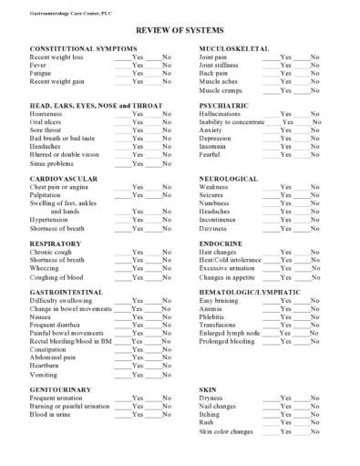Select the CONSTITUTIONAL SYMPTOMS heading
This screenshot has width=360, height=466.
83,47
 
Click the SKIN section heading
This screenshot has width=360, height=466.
208,390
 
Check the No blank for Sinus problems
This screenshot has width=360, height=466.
155,163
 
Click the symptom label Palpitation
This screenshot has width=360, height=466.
46,195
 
